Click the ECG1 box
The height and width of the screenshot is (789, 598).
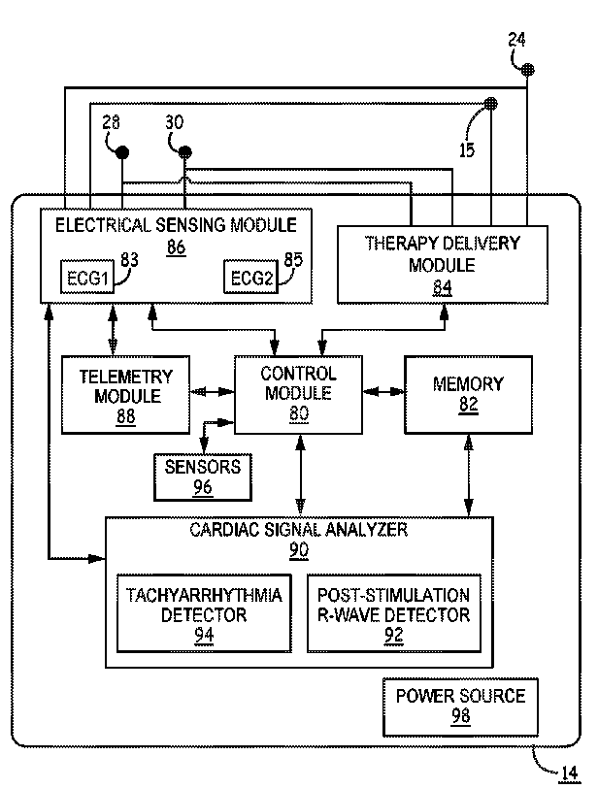tap(87, 277)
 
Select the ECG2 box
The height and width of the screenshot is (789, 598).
tap(250, 277)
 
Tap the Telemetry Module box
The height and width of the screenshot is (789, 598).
tap(125, 395)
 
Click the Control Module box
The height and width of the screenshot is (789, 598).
tap(298, 395)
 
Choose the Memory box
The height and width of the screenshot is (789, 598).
tap(468, 395)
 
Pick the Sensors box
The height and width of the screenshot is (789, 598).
tap(202, 477)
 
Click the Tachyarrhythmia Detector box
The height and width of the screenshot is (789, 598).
tap(204, 613)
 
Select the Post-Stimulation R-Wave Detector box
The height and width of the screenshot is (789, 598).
tap(393, 613)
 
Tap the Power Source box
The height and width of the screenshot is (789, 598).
tap(460, 707)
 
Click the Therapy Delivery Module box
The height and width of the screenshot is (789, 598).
tap(442, 265)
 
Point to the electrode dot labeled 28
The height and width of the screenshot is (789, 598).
tap(122, 152)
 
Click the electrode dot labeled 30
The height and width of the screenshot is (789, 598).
tap(185, 151)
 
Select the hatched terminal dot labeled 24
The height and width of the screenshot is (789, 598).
tap(527, 70)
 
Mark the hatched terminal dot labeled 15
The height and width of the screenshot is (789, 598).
tap(491, 104)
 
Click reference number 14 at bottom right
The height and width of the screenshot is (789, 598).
tap(569, 773)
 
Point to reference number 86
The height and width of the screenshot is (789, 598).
tap(176, 247)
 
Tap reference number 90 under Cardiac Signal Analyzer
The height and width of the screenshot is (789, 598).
tap(298, 550)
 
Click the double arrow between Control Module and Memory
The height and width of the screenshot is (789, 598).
tap(383, 391)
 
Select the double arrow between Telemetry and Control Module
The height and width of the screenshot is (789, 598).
tap(212, 391)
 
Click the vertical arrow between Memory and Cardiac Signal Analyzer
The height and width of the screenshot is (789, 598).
tap(469, 476)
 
